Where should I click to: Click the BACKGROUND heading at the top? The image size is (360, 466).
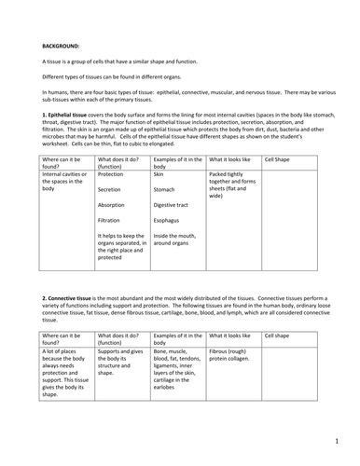click(62, 44)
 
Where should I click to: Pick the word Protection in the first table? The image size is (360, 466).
click(111, 199)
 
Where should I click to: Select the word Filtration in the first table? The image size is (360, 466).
click(110, 247)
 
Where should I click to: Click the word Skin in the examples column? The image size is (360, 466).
click(159, 199)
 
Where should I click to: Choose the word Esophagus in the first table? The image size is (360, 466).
click(168, 247)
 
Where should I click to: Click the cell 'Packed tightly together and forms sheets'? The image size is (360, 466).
click(231, 211)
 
